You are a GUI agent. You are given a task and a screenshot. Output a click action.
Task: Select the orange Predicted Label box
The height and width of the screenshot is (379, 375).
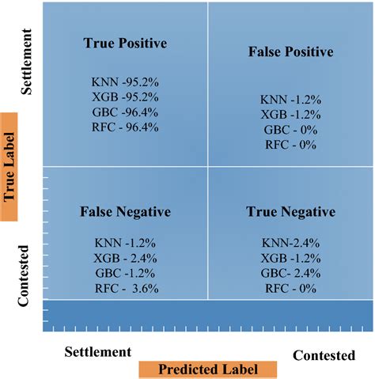click(207, 370)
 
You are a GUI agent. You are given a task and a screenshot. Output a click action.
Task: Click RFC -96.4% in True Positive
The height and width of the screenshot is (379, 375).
click(125, 126)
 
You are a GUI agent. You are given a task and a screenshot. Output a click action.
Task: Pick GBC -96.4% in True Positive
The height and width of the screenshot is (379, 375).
click(125, 112)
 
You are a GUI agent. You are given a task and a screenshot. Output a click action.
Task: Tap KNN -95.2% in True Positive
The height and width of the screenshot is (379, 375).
click(125, 81)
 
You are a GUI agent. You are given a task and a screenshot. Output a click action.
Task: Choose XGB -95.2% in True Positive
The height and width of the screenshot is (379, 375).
click(125, 97)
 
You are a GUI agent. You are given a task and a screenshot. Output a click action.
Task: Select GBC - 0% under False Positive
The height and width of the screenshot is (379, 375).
click(290, 129)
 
